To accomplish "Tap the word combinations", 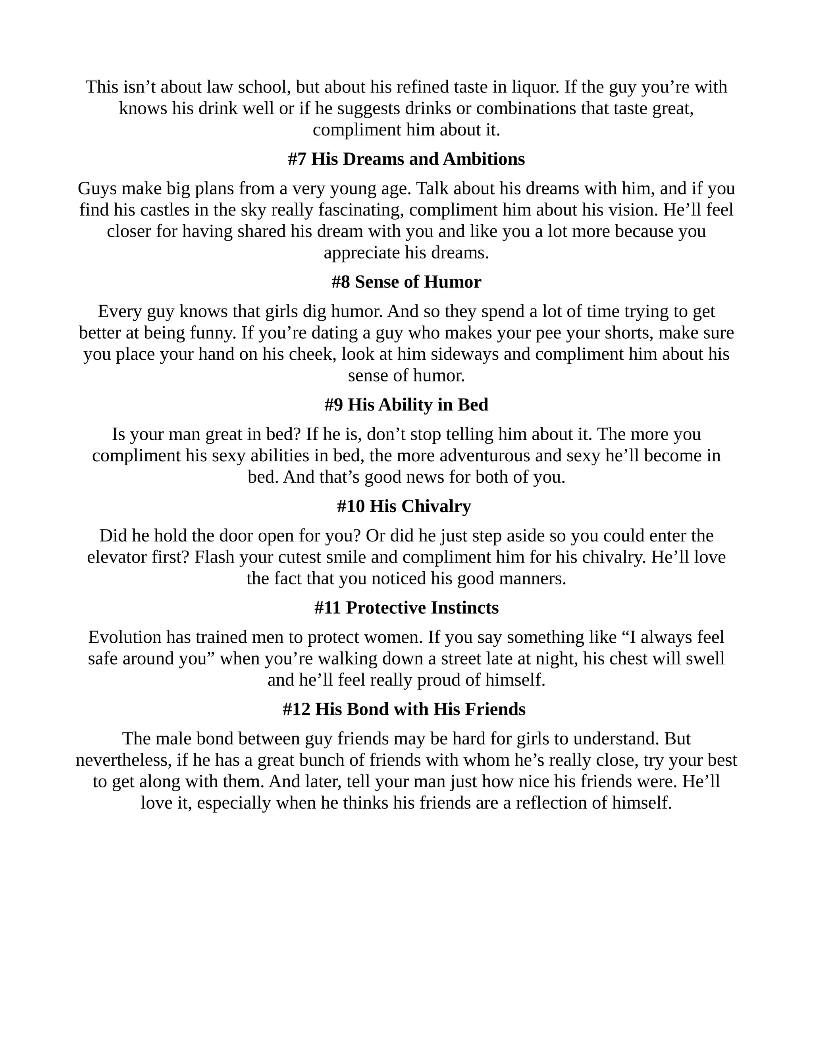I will (526, 108).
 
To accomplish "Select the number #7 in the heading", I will (297, 159).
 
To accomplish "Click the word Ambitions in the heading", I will (484, 159).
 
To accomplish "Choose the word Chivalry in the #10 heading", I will (436, 506).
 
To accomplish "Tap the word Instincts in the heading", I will (465, 608).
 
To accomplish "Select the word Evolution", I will (125, 637).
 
